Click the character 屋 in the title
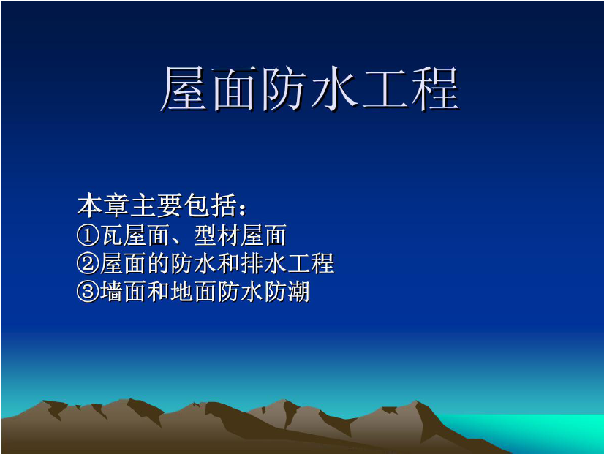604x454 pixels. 184,88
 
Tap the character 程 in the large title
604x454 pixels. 436,88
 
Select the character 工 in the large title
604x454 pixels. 385,89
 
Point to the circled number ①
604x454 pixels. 88,235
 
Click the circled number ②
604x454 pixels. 88,264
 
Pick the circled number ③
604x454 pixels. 88,292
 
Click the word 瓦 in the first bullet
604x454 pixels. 112,235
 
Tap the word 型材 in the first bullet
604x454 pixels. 216,235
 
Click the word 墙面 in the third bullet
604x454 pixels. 124,292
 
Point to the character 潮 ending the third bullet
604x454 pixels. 298,292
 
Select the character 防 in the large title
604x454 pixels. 284,88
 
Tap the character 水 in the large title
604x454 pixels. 335,88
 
